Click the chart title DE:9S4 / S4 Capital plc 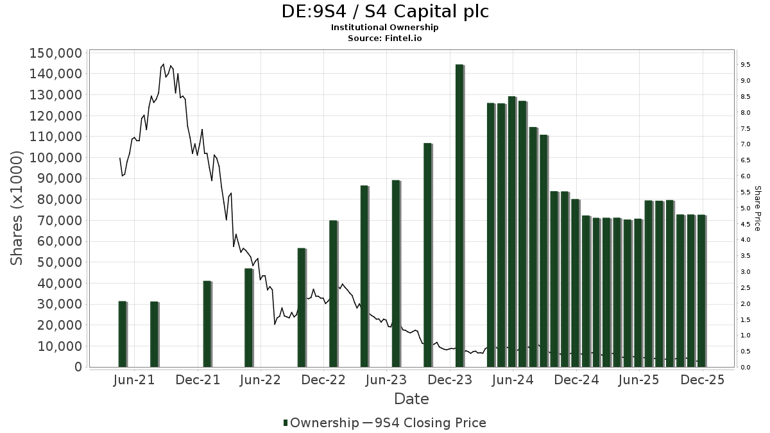(385, 12)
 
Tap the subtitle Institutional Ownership (385, 28)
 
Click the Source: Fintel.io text (385, 38)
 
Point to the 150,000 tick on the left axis (56, 53)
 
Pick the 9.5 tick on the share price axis (746, 65)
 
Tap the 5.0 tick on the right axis (746, 208)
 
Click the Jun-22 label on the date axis (260, 380)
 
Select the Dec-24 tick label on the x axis (576, 380)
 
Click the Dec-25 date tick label (703, 380)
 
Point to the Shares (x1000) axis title (17, 208)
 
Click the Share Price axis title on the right (757, 208)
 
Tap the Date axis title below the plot (411, 399)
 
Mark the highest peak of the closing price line (163, 64)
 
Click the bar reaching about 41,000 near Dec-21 (207, 324)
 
